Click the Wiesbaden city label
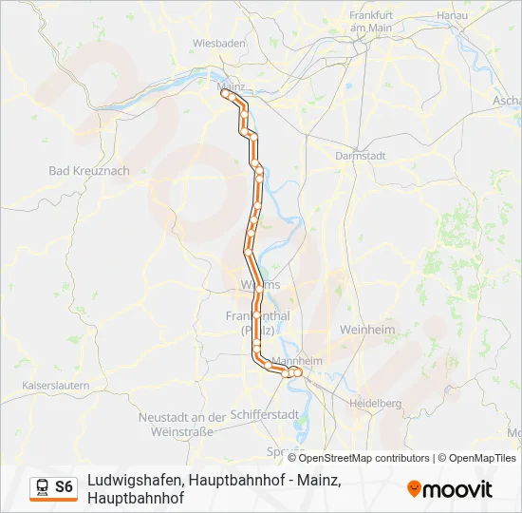pos(219,44)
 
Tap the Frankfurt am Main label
pos(371,22)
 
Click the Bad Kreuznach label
pos(88,171)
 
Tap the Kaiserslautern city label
pos(55,386)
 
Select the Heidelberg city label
pos(375,403)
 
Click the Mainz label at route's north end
pos(231,84)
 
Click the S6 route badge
pos(64,487)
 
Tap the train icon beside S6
pos(43,487)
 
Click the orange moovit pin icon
pos(414,489)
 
